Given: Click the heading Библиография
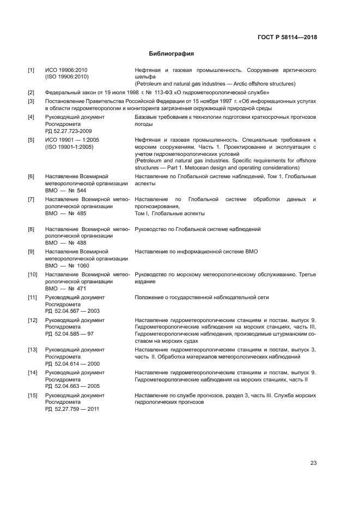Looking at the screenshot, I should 172,54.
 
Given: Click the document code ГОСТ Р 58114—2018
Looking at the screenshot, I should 287,38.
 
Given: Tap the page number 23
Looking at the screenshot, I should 313,463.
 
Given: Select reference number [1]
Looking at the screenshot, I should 32,70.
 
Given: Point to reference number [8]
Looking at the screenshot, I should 32,229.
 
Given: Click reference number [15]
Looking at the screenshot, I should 33,395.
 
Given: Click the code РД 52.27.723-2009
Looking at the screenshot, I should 69,131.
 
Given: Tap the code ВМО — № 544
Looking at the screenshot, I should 65,190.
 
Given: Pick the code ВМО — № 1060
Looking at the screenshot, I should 67,265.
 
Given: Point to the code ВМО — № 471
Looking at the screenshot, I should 65,288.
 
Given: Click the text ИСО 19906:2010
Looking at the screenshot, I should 66,70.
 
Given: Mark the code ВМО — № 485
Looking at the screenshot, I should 65,214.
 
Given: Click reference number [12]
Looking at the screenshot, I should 33,320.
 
